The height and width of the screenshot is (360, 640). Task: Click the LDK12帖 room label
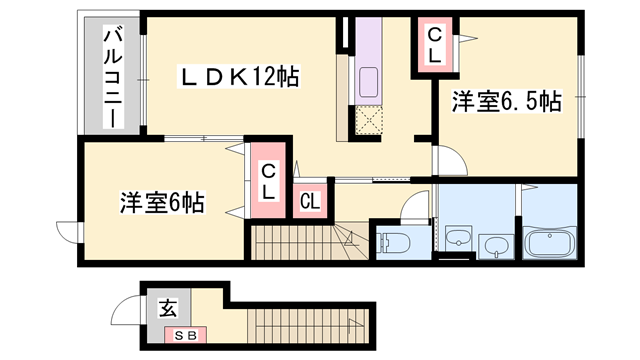[240, 75]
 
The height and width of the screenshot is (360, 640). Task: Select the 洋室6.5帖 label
[506, 102]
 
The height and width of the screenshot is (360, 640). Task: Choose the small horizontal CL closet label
[310, 200]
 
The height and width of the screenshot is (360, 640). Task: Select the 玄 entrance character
[163, 309]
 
